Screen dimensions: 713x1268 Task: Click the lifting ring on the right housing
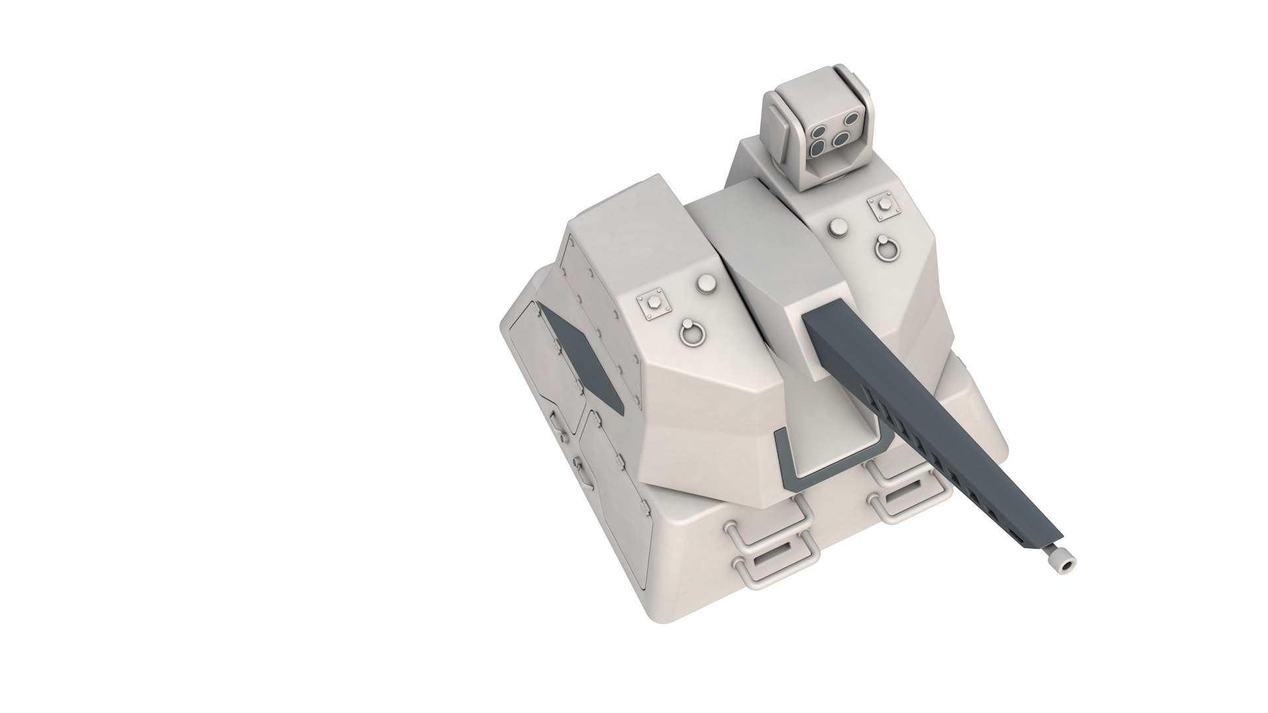pyautogui.click(x=886, y=248)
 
